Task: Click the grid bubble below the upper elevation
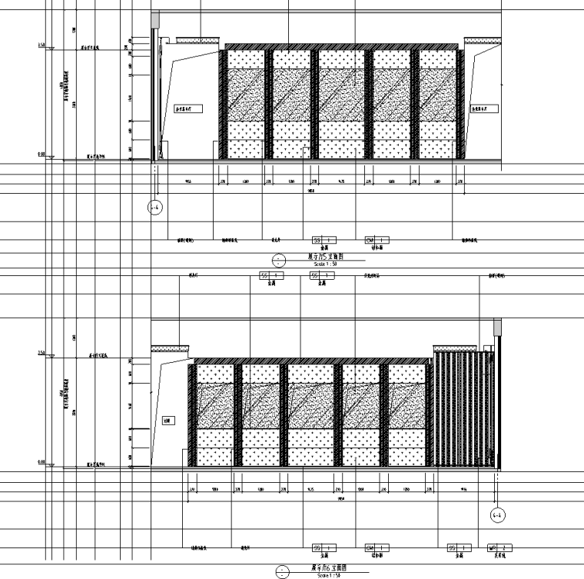[155, 207]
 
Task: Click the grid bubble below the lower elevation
[496, 514]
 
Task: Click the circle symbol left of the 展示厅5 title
[279, 259]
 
